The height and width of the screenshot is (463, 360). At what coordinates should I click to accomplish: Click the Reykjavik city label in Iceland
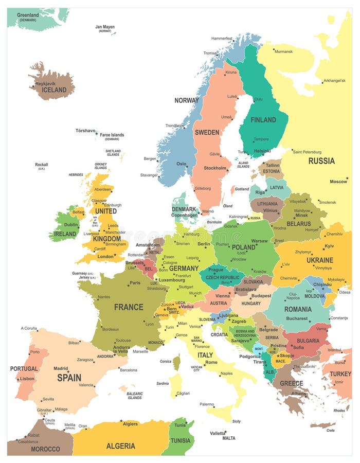[x=45, y=83]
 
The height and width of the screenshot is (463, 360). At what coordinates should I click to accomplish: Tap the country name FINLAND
[x=263, y=120]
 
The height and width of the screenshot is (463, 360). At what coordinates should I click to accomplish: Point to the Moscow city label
[x=338, y=181]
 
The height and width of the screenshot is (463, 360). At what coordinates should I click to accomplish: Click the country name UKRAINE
[x=320, y=260]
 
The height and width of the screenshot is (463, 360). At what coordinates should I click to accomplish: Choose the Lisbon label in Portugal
[x=27, y=378]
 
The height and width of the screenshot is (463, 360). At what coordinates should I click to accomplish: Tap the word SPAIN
[x=69, y=377]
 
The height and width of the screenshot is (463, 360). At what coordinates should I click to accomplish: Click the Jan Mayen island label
[x=105, y=27]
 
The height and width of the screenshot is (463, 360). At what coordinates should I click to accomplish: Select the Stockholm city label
[x=214, y=168]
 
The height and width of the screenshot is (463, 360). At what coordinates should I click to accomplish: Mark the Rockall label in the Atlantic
[x=41, y=165]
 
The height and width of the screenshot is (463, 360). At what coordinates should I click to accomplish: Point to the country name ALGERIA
[x=121, y=446]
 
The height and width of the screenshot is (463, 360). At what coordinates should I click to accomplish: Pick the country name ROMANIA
[x=298, y=309]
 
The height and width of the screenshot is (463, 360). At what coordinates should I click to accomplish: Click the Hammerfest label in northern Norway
[x=222, y=38]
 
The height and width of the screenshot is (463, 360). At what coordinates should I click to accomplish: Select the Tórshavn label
[x=85, y=131]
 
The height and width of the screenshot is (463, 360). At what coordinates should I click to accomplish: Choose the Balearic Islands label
[x=135, y=396]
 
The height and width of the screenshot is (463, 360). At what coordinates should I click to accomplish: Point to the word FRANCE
[x=129, y=307]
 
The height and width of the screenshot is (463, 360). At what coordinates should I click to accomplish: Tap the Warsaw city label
[x=259, y=241]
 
